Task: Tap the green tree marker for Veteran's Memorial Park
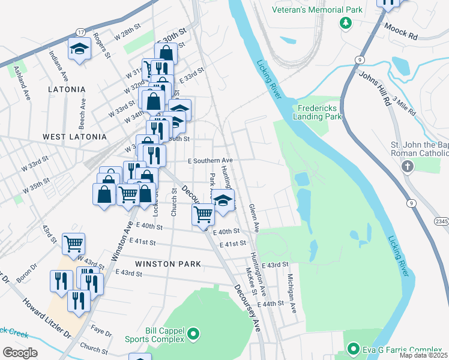point(345,23)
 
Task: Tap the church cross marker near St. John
point(408,166)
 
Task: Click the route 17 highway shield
point(80,32)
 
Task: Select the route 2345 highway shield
point(441,221)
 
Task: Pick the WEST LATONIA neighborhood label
point(75,137)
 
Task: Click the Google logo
point(20,353)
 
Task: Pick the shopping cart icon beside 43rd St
point(74,244)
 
